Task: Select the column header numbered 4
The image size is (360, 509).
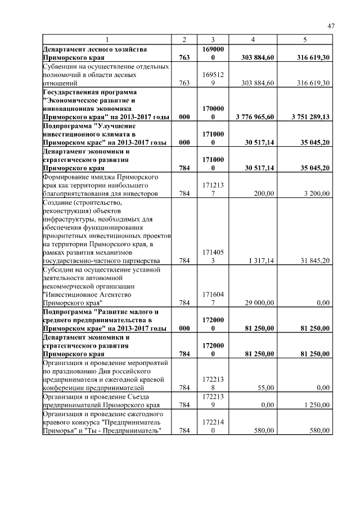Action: tap(253, 40)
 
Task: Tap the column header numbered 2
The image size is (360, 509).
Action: tap(184, 40)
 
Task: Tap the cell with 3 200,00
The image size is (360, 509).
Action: tap(316, 193)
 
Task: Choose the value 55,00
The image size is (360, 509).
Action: tap(265, 388)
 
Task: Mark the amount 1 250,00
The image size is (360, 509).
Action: tap(316, 405)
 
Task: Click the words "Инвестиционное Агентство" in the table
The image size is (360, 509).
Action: tap(88, 294)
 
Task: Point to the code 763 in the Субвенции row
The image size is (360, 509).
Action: tap(184, 83)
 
